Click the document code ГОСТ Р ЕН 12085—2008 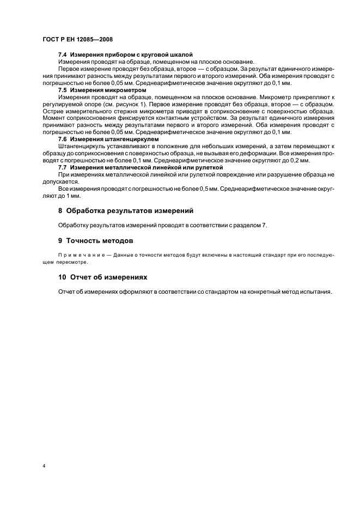(77, 40)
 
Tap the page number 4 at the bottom (43, 466)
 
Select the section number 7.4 (63, 55)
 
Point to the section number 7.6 (63, 139)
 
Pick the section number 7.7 (63, 167)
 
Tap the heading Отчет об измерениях (107, 277)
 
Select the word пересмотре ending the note (78, 262)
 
